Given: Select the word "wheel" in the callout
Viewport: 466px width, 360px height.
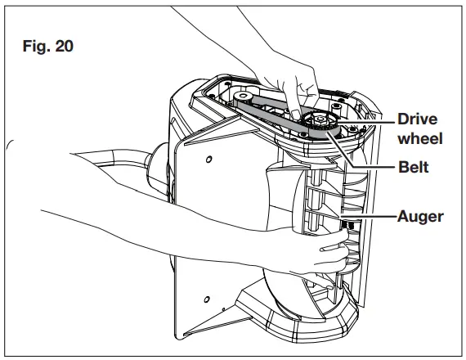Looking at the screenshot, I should pos(420,138).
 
